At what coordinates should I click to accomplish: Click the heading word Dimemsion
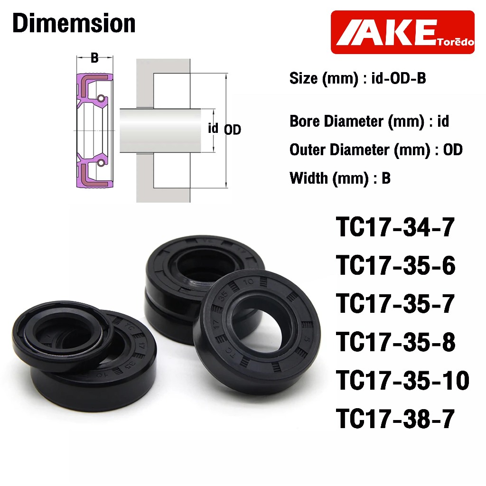pos(74,23)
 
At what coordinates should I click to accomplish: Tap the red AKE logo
pos(402,32)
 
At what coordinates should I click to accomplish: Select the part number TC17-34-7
pos(395,227)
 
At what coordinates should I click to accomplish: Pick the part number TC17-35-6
pos(395,265)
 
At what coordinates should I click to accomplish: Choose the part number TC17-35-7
pos(395,304)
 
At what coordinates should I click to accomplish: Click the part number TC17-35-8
pos(395,342)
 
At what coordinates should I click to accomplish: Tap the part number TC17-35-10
pos(402,380)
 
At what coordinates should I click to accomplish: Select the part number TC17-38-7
pos(395,419)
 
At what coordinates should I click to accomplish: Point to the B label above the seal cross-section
pos(94,58)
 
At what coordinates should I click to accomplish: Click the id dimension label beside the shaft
pos(213,128)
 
